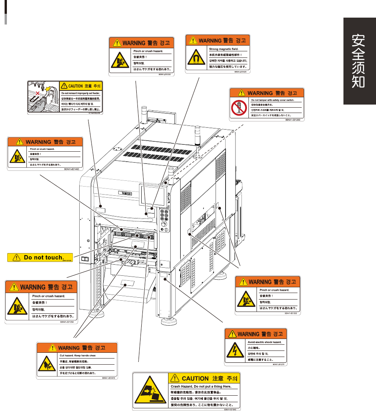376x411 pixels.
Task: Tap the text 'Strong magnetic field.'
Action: [224, 49]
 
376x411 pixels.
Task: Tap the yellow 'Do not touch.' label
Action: [40, 257]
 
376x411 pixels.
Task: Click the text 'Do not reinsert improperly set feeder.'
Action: [81, 93]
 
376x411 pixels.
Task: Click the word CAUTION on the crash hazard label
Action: [195, 378]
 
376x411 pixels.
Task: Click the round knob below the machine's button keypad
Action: [165, 224]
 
